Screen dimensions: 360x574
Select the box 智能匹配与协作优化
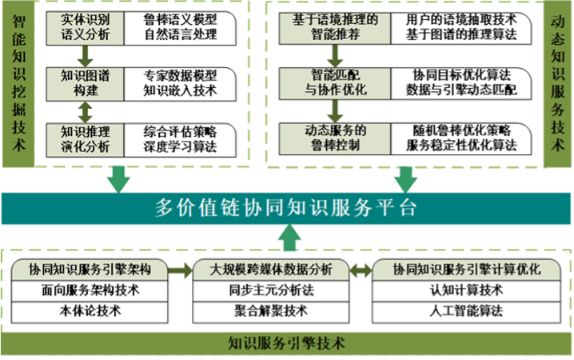(x=332, y=82)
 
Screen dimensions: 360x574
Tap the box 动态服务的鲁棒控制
(x=332, y=137)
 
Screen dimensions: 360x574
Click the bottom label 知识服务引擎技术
(x=286, y=344)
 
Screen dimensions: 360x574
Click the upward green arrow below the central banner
(x=286, y=238)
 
